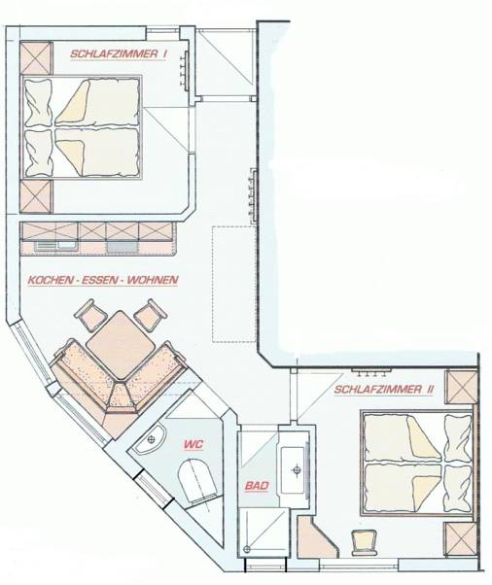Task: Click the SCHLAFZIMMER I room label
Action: tap(119, 53)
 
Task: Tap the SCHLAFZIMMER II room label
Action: tap(384, 390)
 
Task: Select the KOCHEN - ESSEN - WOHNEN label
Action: tap(103, 280)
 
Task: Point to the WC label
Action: tap(193, 444)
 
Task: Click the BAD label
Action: tap(257, 486)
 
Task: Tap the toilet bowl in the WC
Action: tap(197, 481)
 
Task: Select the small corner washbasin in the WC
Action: tap(150, 440)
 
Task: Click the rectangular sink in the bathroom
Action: tap(295, 469)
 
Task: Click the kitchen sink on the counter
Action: tap(56, 245)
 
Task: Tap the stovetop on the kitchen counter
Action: tap(123, 247)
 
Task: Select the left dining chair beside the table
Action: tap(90, 316)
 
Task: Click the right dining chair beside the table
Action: tap(150, 316)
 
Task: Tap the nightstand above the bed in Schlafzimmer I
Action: tap(36, 57)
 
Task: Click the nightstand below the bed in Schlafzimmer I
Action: tap(36, 196)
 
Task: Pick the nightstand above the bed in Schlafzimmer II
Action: tap(462, 388)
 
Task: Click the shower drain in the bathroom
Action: tap(246, 549)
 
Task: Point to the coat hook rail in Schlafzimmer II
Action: tap(371, 371)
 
